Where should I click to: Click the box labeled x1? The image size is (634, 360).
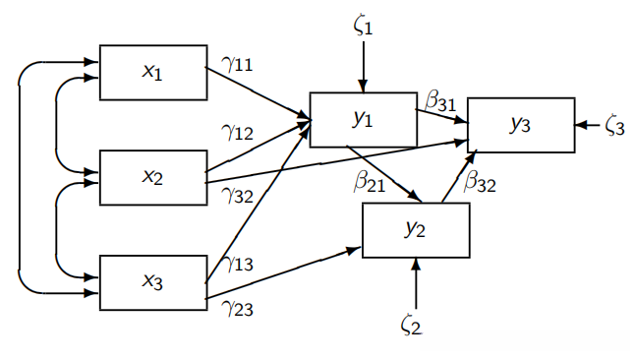coord(153,72)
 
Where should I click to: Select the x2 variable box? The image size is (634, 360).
coord(153,177)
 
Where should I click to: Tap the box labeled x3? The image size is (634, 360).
coord(153,282)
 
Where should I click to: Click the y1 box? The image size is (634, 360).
coord(363,121)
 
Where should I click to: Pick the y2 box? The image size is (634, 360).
coord(417,229)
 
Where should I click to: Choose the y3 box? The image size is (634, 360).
coord(520,125)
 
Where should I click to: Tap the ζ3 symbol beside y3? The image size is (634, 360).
coord(613,125)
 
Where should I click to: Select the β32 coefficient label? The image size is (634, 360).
coord(481,180)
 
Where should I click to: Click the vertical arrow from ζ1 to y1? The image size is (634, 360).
coord(364,67)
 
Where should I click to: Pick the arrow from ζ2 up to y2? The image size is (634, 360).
coord(417,280)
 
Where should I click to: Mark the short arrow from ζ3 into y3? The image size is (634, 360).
coord(589,125)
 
